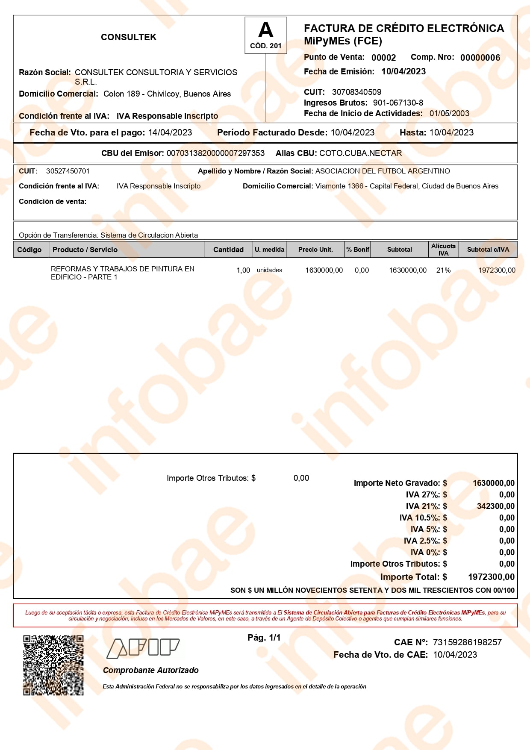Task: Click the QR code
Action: click(x=53, y=665)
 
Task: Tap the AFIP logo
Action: click(x=143, y=648)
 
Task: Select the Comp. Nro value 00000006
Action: click(x=480, y=58)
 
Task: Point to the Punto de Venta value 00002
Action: click(x=383, y=58)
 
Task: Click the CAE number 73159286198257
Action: click(x=467, y=642)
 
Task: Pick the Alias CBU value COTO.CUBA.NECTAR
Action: click(x=360, y=153)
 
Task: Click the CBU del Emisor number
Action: click(x=215, y=153)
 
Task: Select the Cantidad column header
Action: click(x=228, y=250)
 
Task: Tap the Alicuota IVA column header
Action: click(x=443, y=250)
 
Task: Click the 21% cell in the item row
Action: click(x=443, y=270)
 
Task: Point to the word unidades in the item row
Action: click(x=269, y=270)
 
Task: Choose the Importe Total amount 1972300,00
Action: click(x=491, y=577)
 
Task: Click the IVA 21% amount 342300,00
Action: click(x=495, y=506)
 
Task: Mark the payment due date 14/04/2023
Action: click(x=170, y=132)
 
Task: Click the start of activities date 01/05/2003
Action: click(x=449, y=114)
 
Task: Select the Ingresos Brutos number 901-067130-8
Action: click(x=398, y=103)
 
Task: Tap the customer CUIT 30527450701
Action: click(x=68, y=171)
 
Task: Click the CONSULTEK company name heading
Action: click(x=129, y=37)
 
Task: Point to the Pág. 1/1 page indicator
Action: click(x=264, y=638)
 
